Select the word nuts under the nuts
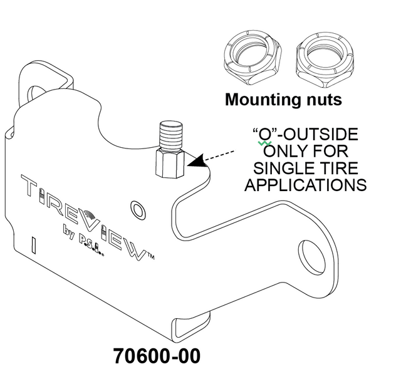[x=321, y=100]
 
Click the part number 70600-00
[x=157, y=356]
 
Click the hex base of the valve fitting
[x=170, y=163]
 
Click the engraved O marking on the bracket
[x=136, y=209]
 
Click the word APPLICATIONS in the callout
[x=305, y=185]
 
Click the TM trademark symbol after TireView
[x=150, y=256]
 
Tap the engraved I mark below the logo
[x=34, y=244]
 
